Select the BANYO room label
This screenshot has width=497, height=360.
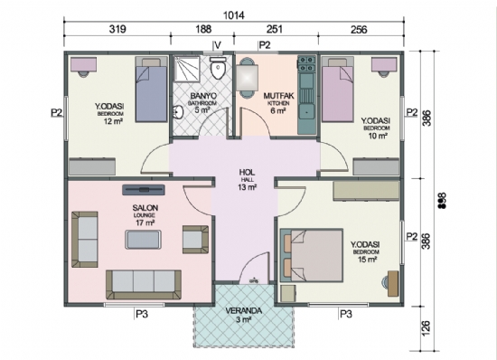[201, 94]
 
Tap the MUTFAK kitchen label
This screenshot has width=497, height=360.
[276, 94]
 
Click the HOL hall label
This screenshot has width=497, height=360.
[247, 171]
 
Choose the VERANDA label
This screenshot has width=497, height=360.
[244, 310]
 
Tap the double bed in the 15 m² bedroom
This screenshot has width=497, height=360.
[317, 254]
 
